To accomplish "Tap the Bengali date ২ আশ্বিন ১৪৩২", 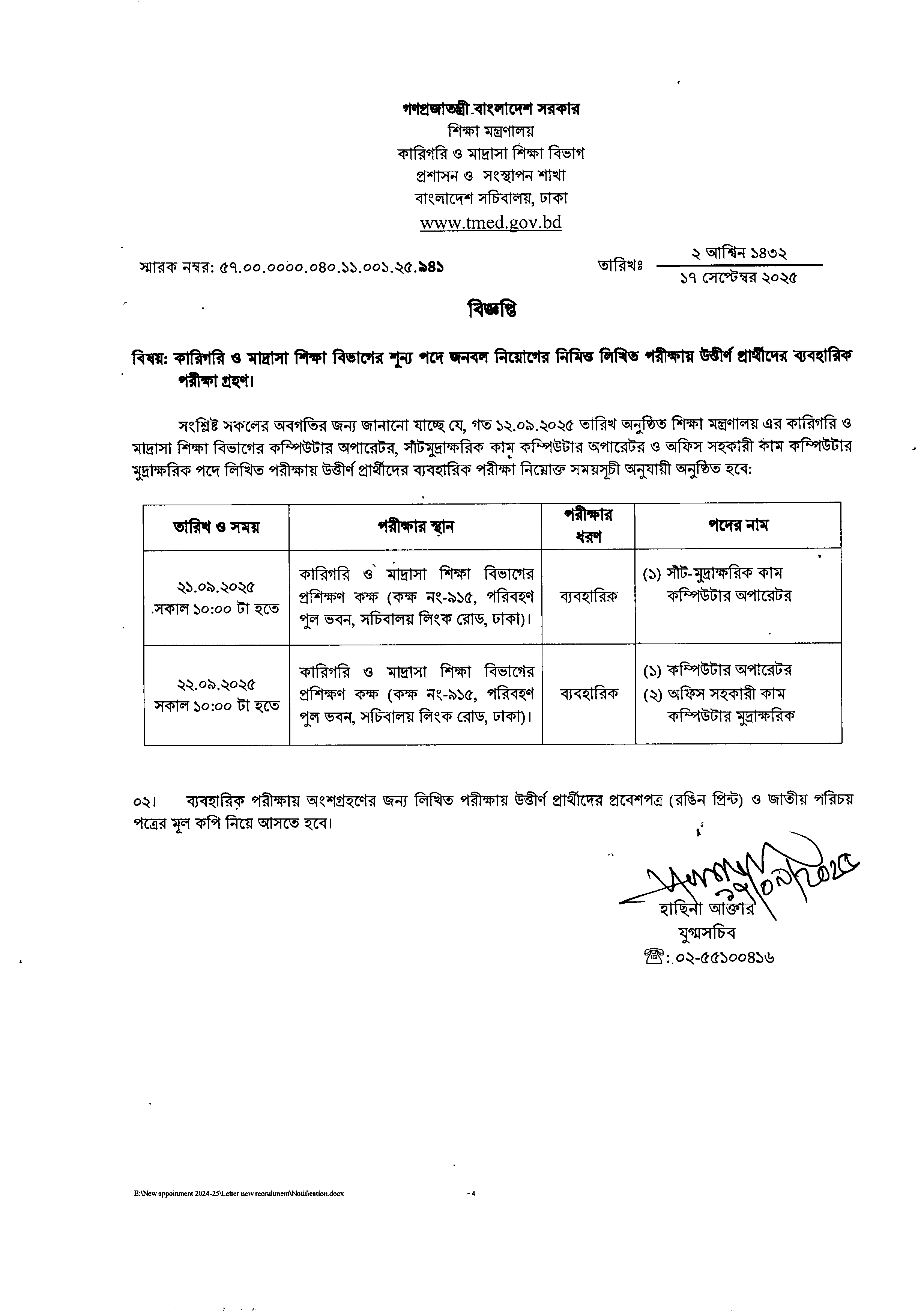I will tap(739, 253).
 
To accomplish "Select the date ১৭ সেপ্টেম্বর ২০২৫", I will tap(739, 278).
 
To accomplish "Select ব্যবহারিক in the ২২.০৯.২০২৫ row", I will tap(588, 693).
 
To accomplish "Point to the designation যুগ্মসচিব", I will tap(706, 933).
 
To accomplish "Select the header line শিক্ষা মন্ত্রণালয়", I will tap(491, 131).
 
